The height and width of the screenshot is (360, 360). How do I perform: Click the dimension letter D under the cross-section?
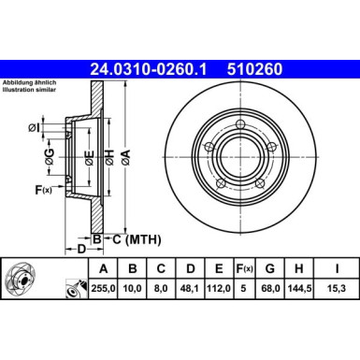click(x=82, y=251)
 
